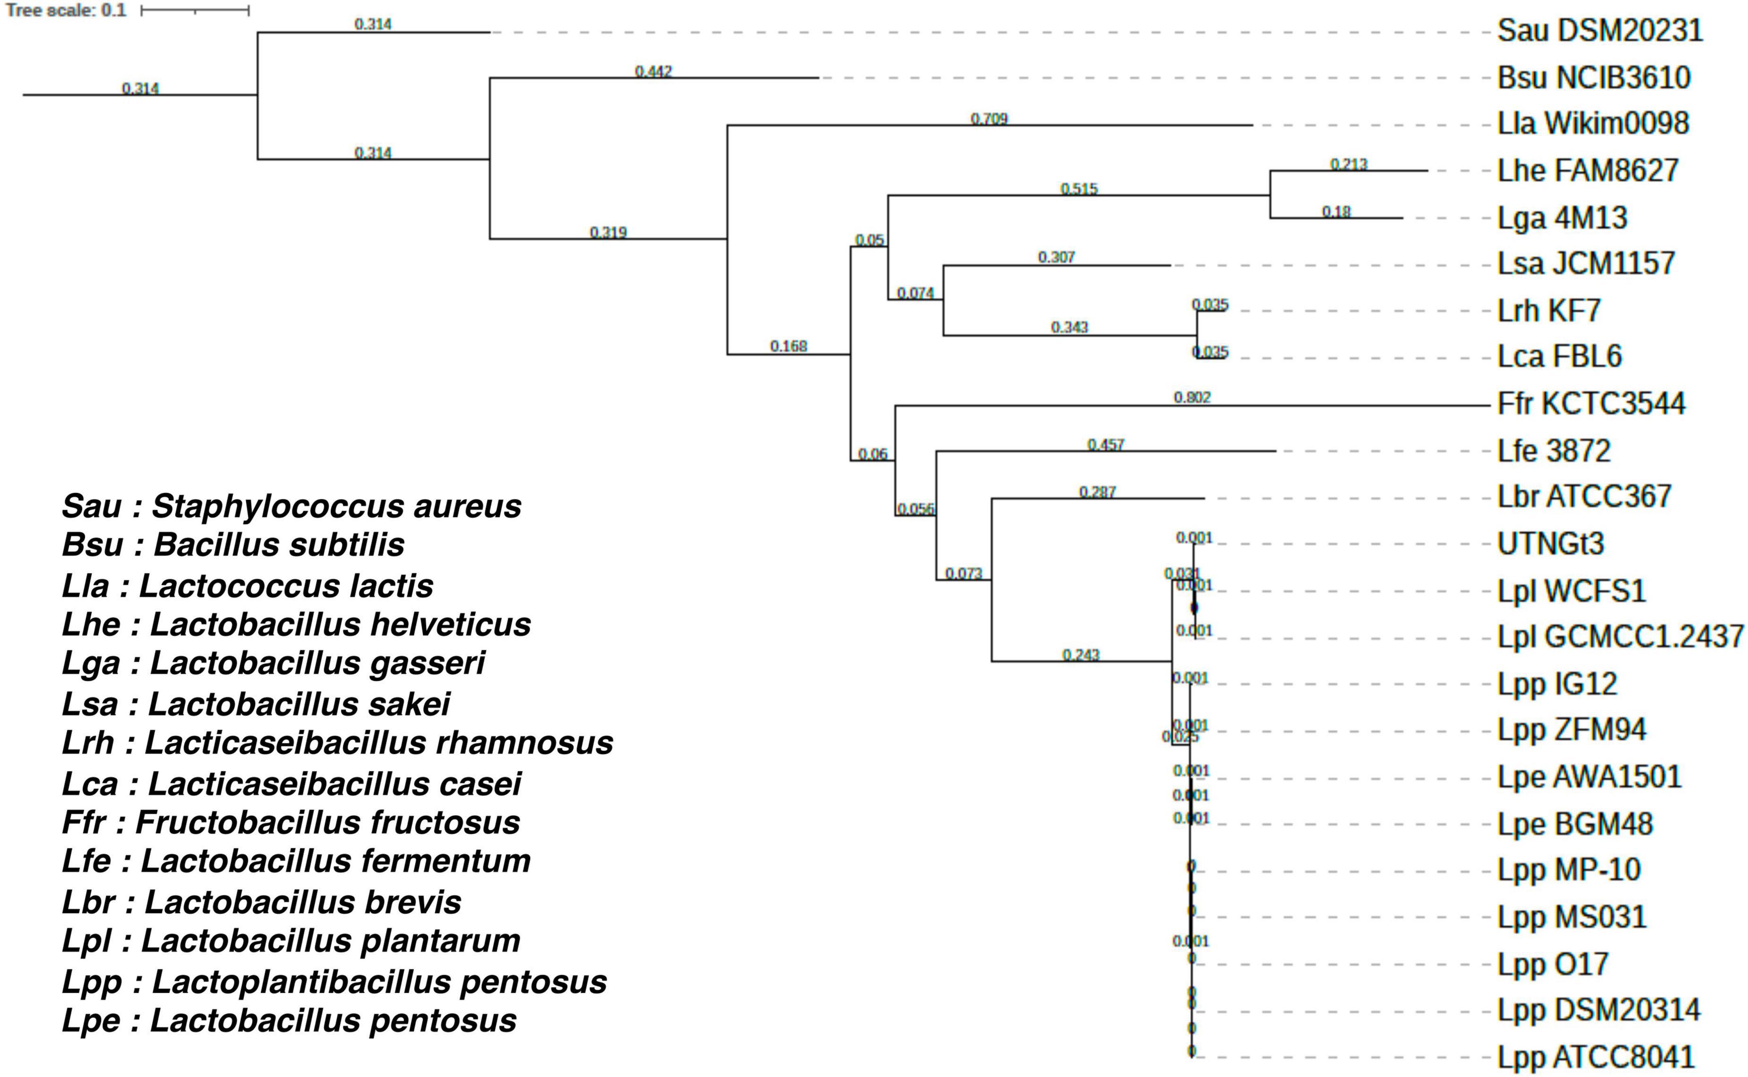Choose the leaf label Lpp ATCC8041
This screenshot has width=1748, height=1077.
[1595, 1057]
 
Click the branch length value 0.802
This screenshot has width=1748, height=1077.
[1192, 397]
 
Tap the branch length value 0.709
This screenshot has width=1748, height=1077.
[989, 119]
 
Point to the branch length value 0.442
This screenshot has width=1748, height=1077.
[654, 71]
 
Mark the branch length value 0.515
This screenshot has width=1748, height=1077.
[1079, 189]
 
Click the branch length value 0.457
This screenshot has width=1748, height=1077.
[1105, 444]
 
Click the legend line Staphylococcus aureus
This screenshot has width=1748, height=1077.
[292, 506]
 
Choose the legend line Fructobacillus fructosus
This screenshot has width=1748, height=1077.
[291, 823]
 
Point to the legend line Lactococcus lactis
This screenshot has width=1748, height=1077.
[247, 586]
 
